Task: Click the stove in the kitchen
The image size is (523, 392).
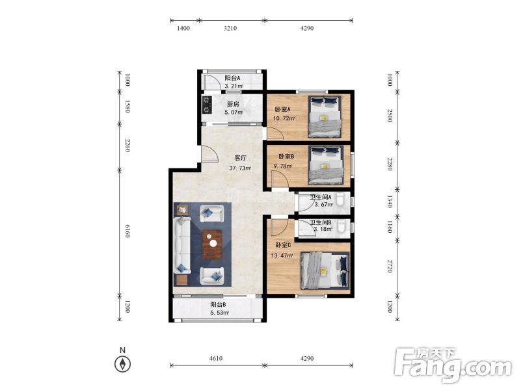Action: coord(207,105)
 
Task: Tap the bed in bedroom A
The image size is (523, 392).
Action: coord(325,116)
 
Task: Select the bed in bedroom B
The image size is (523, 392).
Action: coord(326,164)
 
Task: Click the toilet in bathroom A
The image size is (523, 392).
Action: coord(340,200)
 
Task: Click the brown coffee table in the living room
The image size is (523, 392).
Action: coord(212,244)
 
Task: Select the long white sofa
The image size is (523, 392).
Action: coord(181,245)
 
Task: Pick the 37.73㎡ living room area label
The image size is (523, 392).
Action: coord(240,168)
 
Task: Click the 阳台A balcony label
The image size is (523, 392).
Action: coord(232,78)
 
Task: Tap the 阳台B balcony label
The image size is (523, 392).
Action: coord(219,304)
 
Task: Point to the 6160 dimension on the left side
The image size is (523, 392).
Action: coord(127,231)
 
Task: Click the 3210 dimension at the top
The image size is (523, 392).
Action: coord(230,29)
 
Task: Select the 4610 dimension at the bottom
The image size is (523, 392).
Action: coord(216,358)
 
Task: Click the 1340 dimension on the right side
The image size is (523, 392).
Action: coord(389,202)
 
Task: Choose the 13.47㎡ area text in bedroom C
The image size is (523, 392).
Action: coord(282,255)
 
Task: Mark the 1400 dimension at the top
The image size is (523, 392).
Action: coord(183,29)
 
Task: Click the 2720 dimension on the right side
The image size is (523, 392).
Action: coord(389,267)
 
